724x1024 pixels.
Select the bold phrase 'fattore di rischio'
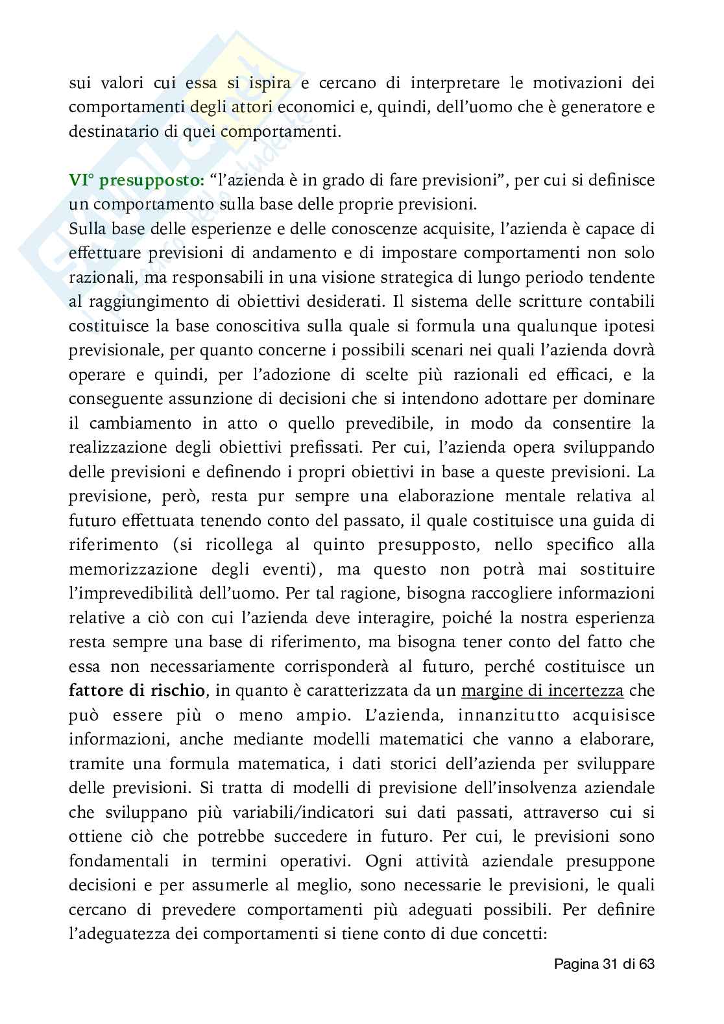tap(137, 691)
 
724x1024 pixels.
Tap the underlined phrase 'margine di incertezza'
tap(542, 691)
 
